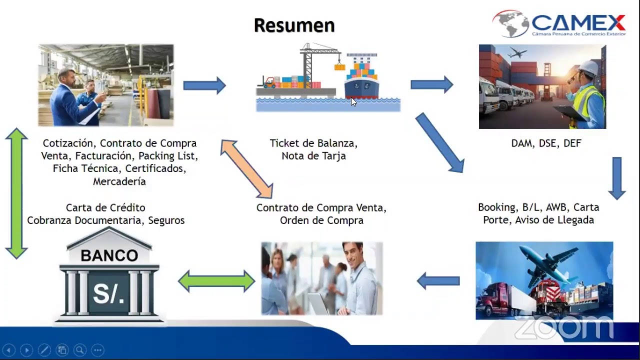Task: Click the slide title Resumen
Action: coord(294,25)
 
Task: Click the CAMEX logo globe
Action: coord(510,23)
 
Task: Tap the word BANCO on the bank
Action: coord(109,255)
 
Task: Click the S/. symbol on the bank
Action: coord(109,294)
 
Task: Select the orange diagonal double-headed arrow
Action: coord(246,168)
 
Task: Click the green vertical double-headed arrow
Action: coord(17,193)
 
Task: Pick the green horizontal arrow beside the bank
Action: coord(216,280)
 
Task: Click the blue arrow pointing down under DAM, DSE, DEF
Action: coord(616,178)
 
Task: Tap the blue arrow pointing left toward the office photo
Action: coord(438,280)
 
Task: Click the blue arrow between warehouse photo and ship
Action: coord(204,85)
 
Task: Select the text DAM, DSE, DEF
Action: coord(546,143)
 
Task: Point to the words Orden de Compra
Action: coord(321,220)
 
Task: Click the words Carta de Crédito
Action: coord(105,207)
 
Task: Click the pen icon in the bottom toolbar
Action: coord(44,350)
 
